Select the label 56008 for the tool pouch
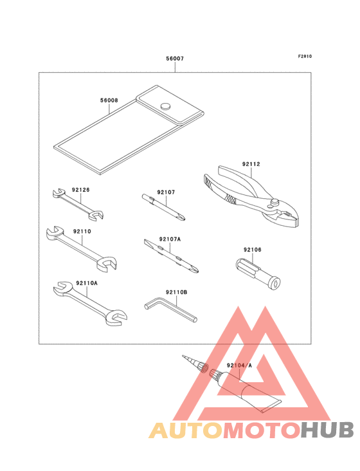109,100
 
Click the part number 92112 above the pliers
251,164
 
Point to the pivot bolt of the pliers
275,204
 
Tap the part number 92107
166,192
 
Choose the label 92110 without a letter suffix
82,230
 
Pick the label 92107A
170,239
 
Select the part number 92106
252,249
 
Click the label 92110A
86,282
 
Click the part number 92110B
176,292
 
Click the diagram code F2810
305,56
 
